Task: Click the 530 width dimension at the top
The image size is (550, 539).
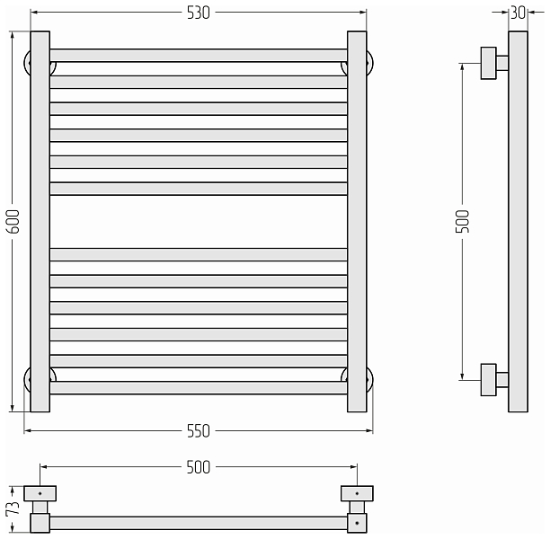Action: coord(199,13)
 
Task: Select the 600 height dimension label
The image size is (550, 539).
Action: coord(13,221)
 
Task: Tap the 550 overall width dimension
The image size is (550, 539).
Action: coord(199,431)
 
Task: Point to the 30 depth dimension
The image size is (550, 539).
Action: coord(519,13)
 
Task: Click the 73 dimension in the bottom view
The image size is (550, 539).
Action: coord(13,508)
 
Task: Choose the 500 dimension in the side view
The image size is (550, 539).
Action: coord(462,221)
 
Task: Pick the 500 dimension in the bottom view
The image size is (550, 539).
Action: coord(199,467)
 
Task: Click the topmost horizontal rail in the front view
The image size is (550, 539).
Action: coord(199,56)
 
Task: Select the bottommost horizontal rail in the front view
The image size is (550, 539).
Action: coord(199,388)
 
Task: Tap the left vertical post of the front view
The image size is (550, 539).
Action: coord(40,222)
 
